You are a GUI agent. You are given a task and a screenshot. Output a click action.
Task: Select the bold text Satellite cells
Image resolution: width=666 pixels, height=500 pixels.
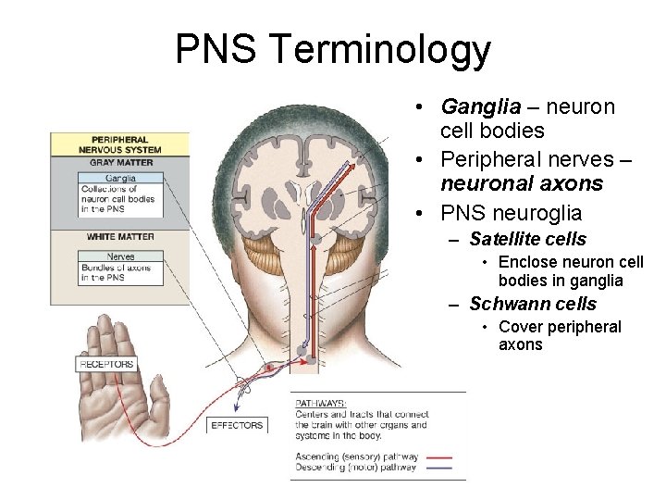[x=527, y=239]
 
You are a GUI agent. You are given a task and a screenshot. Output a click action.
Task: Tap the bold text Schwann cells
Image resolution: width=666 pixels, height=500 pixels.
[x=533, y=304]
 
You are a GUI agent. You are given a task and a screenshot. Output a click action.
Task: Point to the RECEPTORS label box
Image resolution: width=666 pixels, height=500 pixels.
[x=106, y=364]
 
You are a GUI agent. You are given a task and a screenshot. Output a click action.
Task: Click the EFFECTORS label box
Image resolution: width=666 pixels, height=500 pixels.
[x=237, y=425]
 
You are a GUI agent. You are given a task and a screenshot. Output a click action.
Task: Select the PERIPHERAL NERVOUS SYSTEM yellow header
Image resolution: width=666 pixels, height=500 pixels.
[x=120, y=144]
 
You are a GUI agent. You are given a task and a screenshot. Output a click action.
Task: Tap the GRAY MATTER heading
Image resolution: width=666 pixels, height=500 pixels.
[x=121, y=162]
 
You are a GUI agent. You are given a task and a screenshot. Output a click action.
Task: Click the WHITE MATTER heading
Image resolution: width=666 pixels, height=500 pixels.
[x=120, y=237]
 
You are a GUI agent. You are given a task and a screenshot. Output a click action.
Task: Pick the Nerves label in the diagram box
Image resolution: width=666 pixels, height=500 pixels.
[x=121, y=256]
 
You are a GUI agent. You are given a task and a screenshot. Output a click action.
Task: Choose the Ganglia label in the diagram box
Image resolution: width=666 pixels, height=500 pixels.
[x=121, y=178]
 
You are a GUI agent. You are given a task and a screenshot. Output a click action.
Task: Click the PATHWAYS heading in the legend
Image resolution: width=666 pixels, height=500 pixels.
[x=321, y=404]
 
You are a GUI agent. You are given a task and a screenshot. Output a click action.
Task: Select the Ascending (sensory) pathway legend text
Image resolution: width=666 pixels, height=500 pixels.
[x=357, y=456]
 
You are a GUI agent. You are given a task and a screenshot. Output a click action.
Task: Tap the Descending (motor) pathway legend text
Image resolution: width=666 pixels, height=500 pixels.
[x=357, y=467]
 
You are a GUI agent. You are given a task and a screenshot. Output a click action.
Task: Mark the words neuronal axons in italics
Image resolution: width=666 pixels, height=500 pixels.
[x=522, y=183]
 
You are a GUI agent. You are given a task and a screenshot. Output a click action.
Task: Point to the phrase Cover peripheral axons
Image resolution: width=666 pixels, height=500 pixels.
[x=560, y=335]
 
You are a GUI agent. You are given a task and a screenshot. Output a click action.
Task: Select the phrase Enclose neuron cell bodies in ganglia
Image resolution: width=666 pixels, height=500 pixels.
[x=570, y=271]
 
